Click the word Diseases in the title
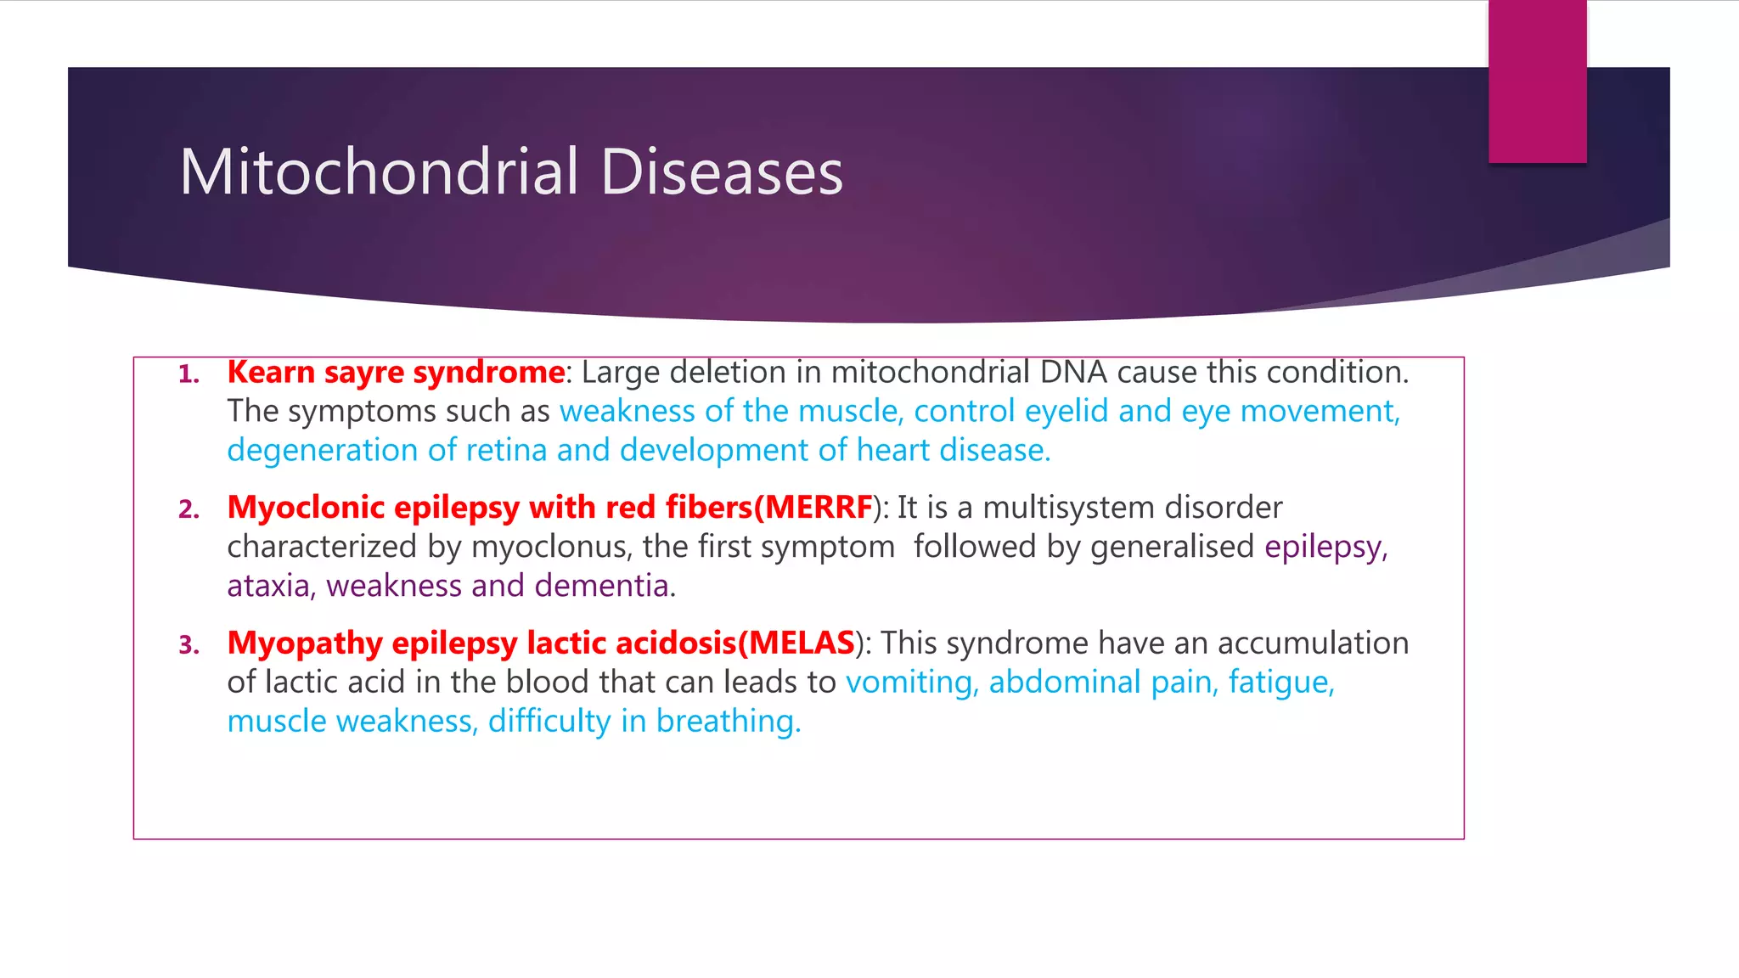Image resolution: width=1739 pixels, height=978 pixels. [722, 172]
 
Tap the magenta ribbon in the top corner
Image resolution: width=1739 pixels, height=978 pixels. [1537, 81]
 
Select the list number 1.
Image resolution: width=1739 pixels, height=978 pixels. [189, 374]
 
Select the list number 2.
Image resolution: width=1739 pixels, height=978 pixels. [189, 509]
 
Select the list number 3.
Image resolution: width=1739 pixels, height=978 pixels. [189, 645]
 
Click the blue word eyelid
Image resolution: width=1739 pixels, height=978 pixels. [1066, 412]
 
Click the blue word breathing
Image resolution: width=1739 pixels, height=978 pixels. [728, 722]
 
